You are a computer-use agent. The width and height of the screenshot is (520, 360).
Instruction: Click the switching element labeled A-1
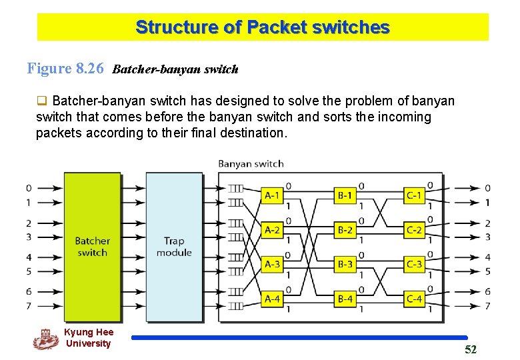click(x=273, y=195)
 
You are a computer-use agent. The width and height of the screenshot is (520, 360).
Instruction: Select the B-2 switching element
click(x=345, y=230)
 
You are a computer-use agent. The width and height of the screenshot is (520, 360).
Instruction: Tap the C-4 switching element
click(x=414, y=299)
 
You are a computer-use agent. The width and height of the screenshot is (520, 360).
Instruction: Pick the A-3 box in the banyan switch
click(x=273, y=264)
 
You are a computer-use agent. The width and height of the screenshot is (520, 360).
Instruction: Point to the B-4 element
click(x=345, y=299)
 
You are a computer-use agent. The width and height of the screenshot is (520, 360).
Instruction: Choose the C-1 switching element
click(x=414, y=195)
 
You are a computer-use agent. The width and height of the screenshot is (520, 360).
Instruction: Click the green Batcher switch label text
click(x=92, y=247)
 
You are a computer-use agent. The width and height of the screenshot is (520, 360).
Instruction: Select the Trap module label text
click(x=174, y=247)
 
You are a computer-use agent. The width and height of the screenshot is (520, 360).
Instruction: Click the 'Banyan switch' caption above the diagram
click(x=251, y=164)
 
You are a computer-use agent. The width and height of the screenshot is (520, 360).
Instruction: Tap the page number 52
click(x=471, y=350)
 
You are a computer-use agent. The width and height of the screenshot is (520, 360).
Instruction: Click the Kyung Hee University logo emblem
click(x=45, y=339)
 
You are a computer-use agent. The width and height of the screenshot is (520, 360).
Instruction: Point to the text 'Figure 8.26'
click(x=65, y=68)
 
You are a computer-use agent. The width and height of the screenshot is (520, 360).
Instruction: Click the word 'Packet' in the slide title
click(x=277, y=27)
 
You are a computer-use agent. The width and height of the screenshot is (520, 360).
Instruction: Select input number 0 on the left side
click(x=29, y=188)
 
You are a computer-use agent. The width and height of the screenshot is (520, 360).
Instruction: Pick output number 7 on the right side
click(x=487, y=306)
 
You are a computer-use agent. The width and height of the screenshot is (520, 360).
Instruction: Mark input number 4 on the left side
click(x=29, y=257)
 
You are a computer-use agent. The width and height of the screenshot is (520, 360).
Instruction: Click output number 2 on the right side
click(x=487, y=223)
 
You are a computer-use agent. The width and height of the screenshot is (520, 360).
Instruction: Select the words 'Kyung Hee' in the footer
click(x=89, y=332)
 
